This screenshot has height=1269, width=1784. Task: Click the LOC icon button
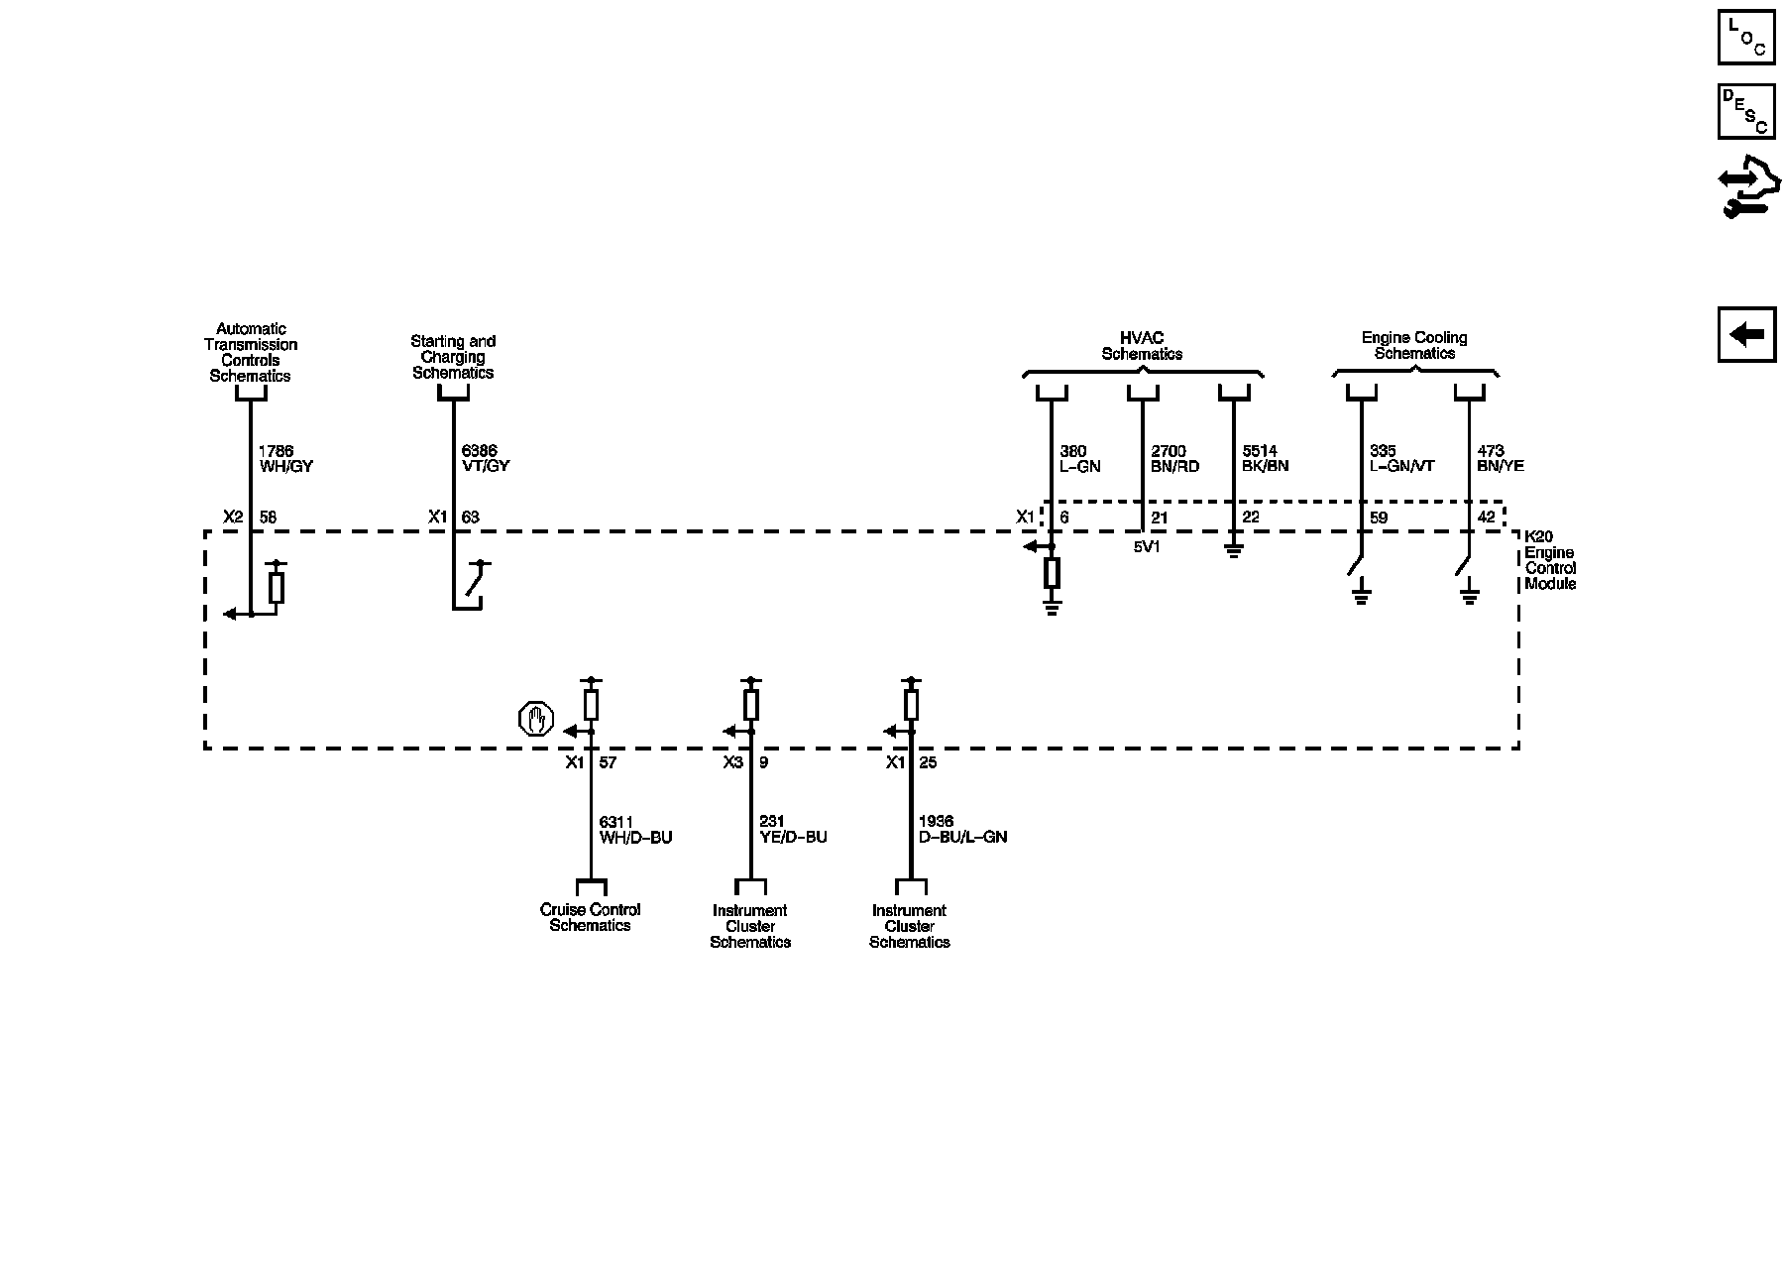pos(1746,38)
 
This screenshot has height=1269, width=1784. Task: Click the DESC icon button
pos(1746,111)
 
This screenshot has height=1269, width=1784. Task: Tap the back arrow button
pos(1746,334)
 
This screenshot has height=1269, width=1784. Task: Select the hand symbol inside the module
pos(536,719)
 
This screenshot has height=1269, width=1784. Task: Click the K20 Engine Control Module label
pos(1550,561)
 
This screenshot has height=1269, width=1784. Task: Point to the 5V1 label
pos(1147,546)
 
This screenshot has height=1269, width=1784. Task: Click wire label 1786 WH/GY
pos(285,459)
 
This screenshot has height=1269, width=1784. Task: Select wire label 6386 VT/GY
pos(486,459)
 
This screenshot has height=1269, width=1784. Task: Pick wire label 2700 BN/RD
pos(1174,459)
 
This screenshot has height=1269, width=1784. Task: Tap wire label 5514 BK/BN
pos(1266,459)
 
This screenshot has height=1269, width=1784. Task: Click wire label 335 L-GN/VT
pos(1401,459)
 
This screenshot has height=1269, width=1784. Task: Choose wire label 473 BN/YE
pos(1501,459)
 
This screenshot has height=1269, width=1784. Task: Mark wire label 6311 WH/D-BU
pos(635,830)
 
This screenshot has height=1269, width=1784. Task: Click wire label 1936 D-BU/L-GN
pos(962,830)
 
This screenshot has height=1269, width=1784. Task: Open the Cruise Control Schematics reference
pos(590,917)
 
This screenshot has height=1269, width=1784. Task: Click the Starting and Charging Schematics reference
pos(453,357)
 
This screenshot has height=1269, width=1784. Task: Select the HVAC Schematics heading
pos(1142,346)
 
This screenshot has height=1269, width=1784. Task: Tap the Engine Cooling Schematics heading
pos(1414,346)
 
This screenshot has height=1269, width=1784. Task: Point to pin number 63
pos(471,517)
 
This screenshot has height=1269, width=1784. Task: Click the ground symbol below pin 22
pos(1233,550)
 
